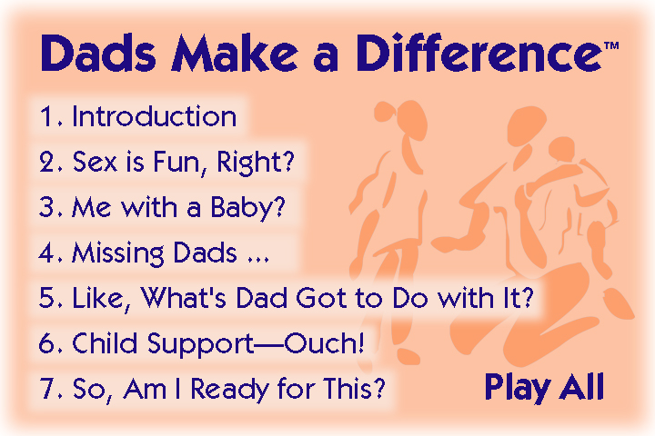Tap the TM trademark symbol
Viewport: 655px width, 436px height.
611,45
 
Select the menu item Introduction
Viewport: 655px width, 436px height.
138,116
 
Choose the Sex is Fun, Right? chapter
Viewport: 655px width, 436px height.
167,162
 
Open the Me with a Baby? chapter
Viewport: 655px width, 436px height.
162,207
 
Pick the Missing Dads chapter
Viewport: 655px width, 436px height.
154,253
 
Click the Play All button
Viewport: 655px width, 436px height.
545,388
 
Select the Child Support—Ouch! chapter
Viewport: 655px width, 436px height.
202,343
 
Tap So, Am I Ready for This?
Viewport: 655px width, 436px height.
212,389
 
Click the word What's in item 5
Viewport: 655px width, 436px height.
183,298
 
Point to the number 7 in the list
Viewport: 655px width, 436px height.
46,388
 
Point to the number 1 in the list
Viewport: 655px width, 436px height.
45,116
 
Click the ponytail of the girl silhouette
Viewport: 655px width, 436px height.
385,111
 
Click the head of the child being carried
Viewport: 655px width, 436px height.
561,149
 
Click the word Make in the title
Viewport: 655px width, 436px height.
235,53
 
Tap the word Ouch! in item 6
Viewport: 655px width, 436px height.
324,343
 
